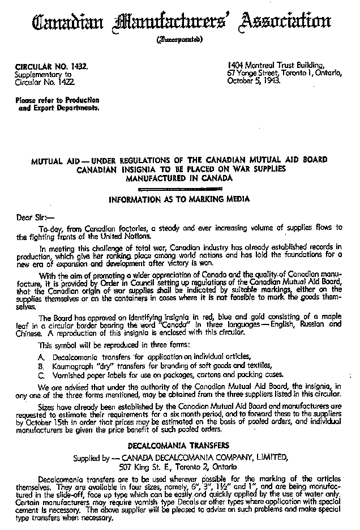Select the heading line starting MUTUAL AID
[x=179, y=160]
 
